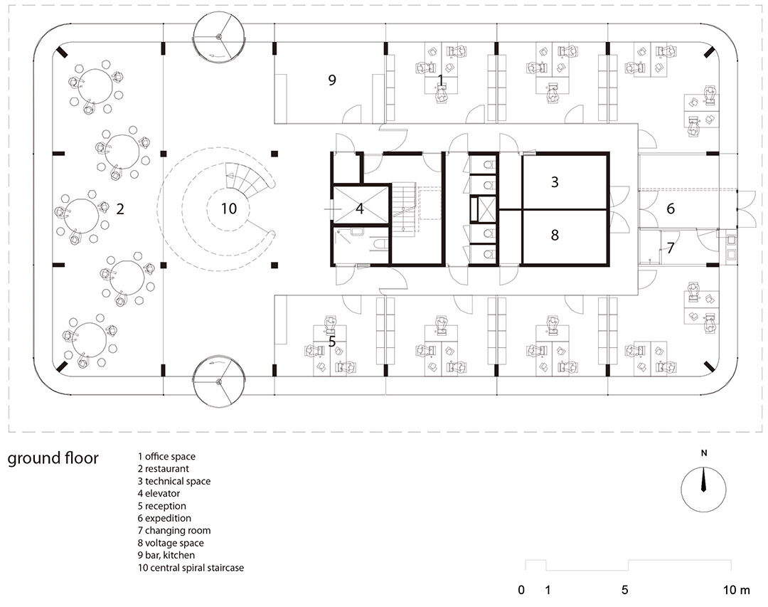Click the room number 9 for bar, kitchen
point(332,80)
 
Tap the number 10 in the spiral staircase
point(229,209)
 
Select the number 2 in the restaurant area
point(120,209)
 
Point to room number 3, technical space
point(555,182)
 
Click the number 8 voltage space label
point(555,235)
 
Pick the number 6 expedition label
point(671,209)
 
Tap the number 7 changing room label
point(671,248)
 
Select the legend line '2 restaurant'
point(163,469)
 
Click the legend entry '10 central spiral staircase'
point(191,568)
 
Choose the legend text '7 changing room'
point(174,531)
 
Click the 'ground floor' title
point(53,458)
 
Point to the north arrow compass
point(703,490)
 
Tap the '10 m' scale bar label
point(736,590)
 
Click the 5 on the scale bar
point(624,590)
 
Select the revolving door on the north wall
point(218,37)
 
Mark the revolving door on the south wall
point(218,381)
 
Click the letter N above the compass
point(704,453)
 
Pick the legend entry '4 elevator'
point(159,493)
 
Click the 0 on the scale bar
point(521,590)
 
